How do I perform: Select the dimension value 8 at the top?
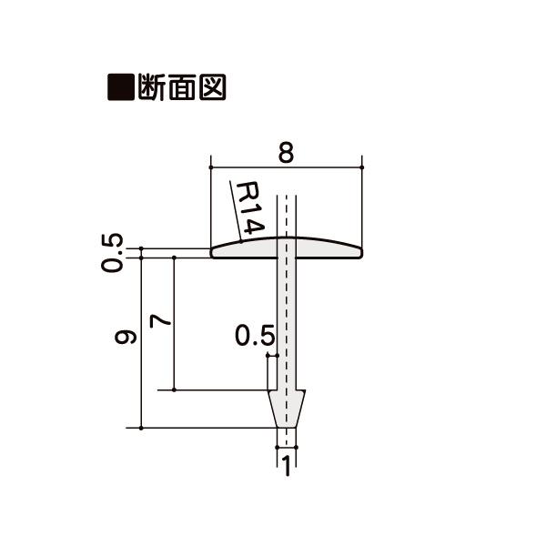(286, 153)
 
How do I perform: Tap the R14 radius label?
(248, 208)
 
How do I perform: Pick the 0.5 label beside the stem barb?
(254, 337)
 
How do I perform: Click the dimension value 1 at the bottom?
(286, 467)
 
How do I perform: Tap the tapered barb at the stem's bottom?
(287, 408)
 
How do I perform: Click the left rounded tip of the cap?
(215, 252)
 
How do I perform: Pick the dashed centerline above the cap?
(287, 214)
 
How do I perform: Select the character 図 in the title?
(210, 88)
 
